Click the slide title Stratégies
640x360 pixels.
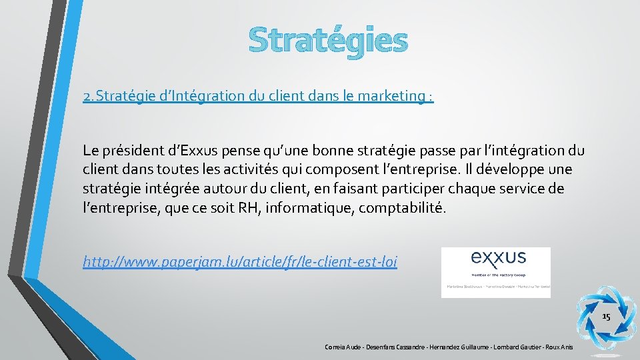327,40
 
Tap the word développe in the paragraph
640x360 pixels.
514,169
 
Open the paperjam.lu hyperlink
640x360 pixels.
240,262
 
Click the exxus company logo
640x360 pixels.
495,271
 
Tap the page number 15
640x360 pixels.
606,317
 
